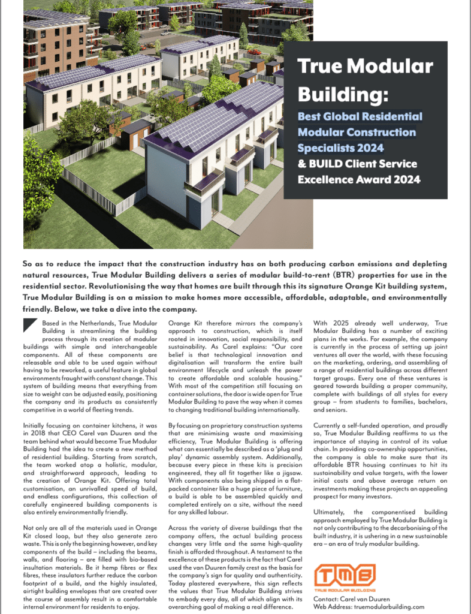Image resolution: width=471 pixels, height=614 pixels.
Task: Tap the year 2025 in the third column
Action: click(x=342, y=323)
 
